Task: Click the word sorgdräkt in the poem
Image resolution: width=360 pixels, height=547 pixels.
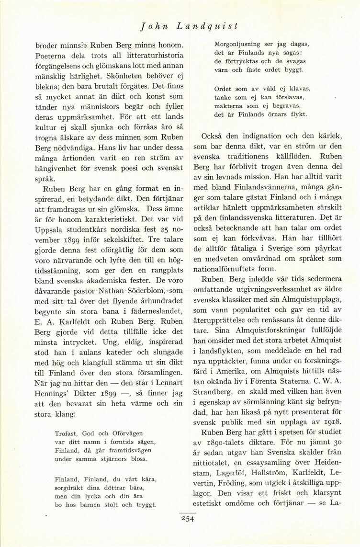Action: coord(70,487)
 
